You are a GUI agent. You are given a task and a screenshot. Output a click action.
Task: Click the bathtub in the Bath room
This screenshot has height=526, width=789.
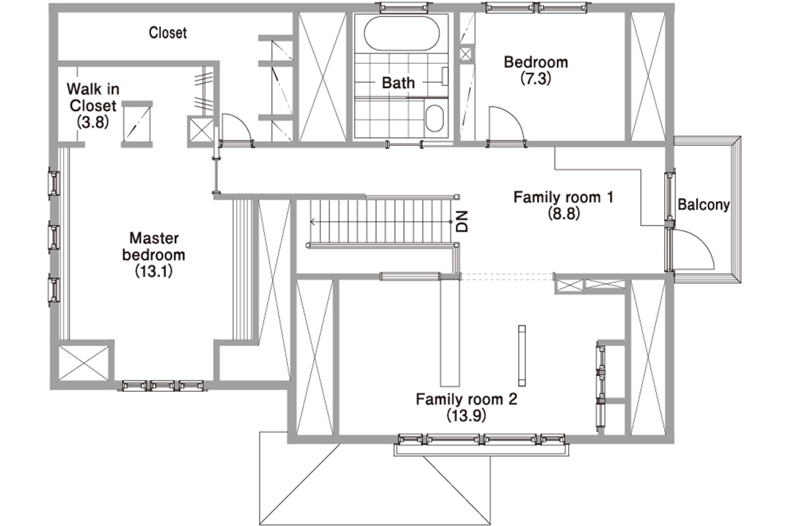402,34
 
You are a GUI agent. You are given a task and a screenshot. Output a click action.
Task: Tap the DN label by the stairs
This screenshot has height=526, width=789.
462,222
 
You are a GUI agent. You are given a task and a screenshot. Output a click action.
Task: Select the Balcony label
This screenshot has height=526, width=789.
704,204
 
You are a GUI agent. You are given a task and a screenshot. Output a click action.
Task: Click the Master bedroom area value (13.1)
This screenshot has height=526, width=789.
154,272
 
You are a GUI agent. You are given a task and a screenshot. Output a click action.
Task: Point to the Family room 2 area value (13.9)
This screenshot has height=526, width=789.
466,416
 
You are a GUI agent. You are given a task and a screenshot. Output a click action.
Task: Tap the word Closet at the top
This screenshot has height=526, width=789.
168,33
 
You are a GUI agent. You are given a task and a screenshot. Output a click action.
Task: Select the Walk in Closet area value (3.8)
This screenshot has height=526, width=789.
93,122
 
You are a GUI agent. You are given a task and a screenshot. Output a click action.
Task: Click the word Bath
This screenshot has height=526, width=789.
398,83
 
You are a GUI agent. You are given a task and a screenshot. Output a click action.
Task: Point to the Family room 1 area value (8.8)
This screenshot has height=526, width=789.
563,214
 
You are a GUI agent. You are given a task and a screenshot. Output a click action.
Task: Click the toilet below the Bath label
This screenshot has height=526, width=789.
435,118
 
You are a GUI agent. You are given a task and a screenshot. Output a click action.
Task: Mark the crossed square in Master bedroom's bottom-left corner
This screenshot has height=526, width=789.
84,363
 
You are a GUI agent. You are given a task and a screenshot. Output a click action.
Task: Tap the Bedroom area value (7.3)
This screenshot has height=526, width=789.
536,78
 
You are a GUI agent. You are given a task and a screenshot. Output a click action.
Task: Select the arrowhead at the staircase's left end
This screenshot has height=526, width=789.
312,222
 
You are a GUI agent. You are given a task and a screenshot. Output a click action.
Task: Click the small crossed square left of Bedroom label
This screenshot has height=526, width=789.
465,55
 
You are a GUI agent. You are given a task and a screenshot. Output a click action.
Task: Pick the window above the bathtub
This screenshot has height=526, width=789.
404,7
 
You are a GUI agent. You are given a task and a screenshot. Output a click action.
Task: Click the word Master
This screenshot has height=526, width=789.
154,238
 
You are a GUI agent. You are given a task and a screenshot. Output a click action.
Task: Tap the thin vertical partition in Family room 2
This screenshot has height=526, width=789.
521,356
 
